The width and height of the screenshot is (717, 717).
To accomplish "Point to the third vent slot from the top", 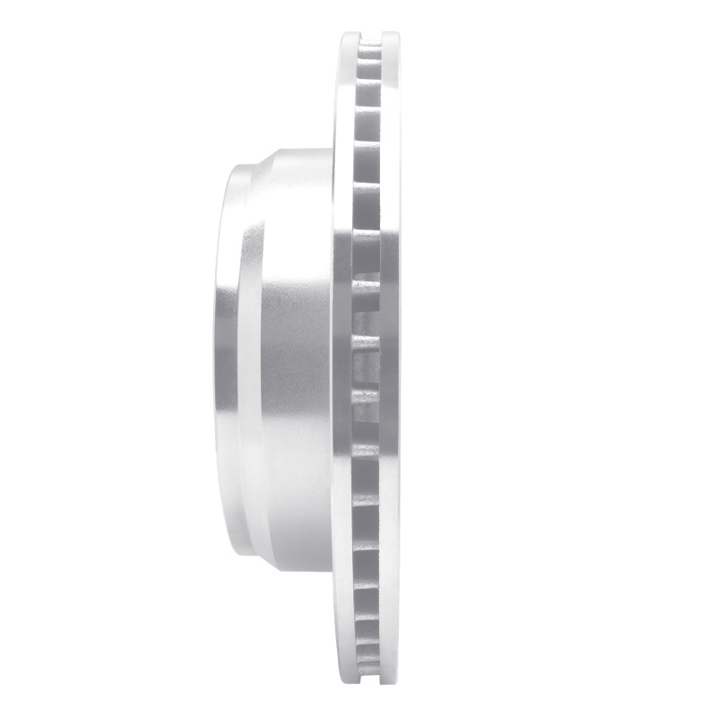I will (x=368, y=93).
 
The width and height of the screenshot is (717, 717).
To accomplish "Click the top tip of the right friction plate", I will (x=390, y=36).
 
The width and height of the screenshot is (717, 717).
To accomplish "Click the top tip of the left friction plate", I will (x=348, y=36).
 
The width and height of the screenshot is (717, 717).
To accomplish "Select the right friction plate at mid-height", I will (x=391, y=358).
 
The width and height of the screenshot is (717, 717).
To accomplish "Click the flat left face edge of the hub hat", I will (x=219, y=358).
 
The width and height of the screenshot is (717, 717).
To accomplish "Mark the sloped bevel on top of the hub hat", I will (x=255, y=160).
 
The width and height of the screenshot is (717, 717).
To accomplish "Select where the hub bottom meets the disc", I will (x=333, y=570).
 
